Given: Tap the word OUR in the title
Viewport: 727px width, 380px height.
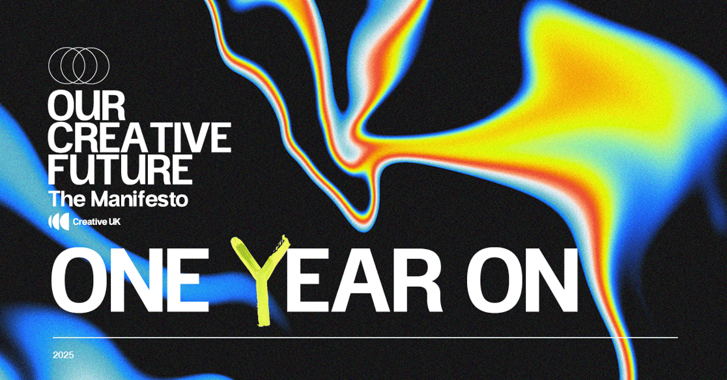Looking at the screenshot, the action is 87,106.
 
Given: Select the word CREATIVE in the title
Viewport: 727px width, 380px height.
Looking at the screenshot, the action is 139,138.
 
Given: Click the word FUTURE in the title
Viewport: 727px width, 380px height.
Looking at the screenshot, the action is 120,169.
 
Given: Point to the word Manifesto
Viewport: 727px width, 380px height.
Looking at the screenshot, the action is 139,199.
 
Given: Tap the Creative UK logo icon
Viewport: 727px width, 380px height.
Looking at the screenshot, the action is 59,222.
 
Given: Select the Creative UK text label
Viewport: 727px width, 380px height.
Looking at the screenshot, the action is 96,222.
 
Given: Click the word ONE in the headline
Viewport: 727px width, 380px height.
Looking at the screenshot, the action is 130,281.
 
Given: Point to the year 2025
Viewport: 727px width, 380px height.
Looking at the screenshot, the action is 63,355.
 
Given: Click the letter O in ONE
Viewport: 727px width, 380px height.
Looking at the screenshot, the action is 79,281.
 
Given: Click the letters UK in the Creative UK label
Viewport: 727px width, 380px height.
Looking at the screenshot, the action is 115,222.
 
